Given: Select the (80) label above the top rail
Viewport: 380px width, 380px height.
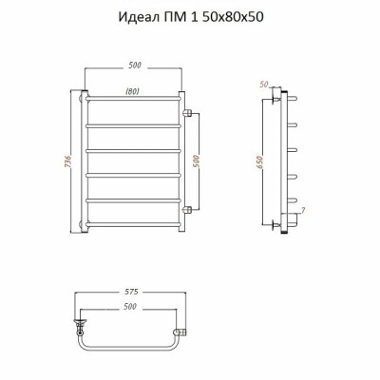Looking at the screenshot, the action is [133, 92].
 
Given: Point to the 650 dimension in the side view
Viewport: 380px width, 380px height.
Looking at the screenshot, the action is [259, 162].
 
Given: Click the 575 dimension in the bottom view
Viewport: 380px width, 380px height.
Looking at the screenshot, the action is [130, 292].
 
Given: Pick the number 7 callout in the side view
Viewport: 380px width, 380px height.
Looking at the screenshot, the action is [303, 210].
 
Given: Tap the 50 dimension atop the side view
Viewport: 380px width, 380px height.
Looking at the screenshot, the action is [264, 85].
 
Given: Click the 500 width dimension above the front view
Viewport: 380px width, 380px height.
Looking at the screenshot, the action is [135, 66].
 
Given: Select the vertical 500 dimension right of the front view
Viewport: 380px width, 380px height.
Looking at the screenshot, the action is [196, 161].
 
